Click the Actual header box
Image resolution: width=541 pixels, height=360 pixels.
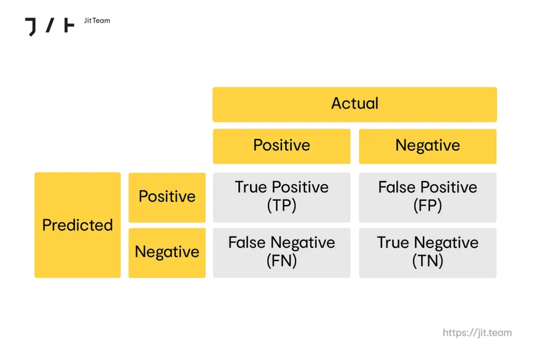(x=355, y=105)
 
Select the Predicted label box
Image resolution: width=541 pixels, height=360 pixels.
(x=78, y=225)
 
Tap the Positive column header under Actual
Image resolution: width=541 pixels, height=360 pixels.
(x=282, y=146)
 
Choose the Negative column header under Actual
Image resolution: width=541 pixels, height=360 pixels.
(x=428, y=146)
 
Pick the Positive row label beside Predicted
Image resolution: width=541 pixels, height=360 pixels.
(x=167, y=197)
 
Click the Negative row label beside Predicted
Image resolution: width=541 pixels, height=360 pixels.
(x=167, y=253)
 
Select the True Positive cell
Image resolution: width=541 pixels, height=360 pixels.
(x=282, y=197)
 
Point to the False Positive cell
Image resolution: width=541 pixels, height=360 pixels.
(x=428, y=197)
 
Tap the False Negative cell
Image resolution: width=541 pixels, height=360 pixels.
(x=282, y=253)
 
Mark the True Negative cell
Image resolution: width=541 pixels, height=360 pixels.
(x=428, y=253)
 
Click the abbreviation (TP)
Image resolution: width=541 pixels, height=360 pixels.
(x=282, y=206)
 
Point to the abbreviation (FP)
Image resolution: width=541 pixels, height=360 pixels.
(x=427, y=206)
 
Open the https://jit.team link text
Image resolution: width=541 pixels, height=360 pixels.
(x=477, y=333)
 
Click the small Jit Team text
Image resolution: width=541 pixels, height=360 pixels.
(x=97, y=21)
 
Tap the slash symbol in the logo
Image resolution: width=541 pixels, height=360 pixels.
(x=50, y=25)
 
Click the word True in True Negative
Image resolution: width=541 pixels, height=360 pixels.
(x=393, y=242)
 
